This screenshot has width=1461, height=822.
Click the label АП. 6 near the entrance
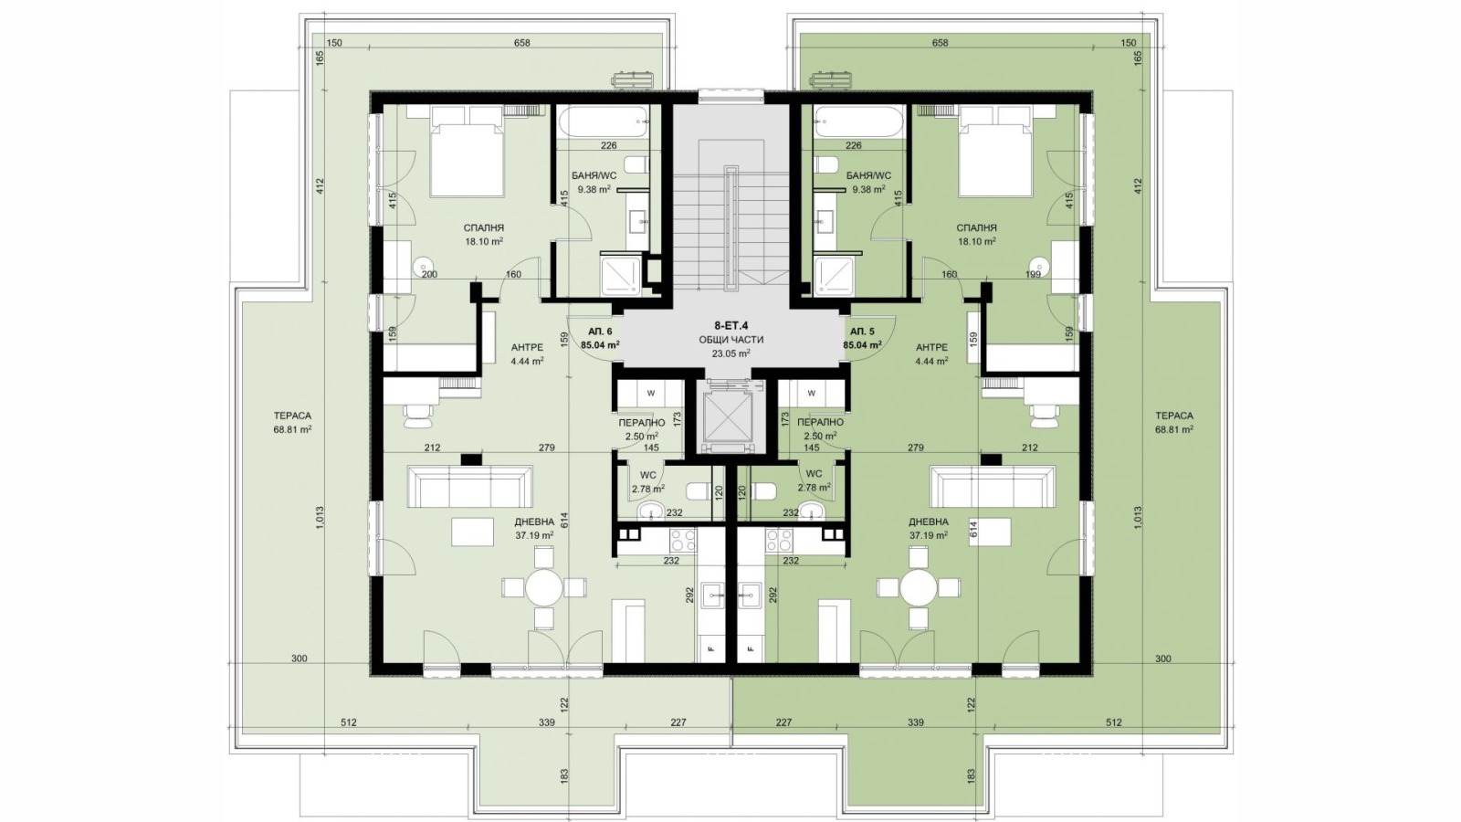pyautogui.click(x=600, y=332)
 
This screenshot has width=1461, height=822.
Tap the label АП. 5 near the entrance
pyautogui.click(x=862, y=332)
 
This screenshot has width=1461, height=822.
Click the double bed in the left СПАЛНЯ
pyautogui.click(x=467, y=155)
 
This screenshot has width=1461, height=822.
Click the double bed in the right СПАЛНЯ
pyautogui.click(x=994, y=155)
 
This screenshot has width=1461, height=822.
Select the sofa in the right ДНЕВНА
pyautogui.click(x=993, y=486)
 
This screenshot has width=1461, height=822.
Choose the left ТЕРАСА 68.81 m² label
pyautogui.click(x=292, y=422)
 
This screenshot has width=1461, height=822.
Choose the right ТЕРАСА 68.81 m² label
pyautogui.click(x=1173, y=422)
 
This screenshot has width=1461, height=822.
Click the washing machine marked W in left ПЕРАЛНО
pyautogui.click(x=650, y=394)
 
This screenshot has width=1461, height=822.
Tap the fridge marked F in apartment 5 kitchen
pyautogui.click(x=751, y=648)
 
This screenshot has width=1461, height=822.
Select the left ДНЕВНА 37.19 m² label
pyautogui.click(x=534, y=528)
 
